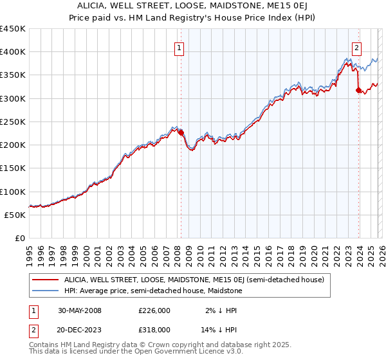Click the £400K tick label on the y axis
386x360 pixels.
coord(13,52)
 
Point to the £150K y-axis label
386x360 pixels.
coord(13,168)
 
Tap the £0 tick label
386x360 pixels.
coord(20,239)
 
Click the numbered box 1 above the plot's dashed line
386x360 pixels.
coord(178,46)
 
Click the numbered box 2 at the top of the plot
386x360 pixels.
coord(356,46)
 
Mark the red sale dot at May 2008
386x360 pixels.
coord(181,133)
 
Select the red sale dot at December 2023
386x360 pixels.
coord(358,91)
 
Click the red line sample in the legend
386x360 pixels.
coord(45,280)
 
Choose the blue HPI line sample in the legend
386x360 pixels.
coord(45,291)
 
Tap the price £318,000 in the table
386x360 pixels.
coord(154,329)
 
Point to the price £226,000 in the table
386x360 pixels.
coord(154,310)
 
